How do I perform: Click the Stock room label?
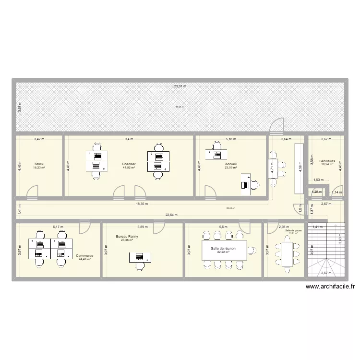39,164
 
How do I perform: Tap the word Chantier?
129,164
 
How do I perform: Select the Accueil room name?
230,164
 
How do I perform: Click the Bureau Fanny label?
127,236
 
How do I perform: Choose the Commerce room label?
84,256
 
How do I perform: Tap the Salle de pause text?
293,231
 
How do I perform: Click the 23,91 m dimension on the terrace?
180,86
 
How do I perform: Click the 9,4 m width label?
129,139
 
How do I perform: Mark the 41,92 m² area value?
129,168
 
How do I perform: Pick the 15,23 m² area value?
39,168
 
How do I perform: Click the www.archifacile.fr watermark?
330,287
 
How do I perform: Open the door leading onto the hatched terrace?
276,126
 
